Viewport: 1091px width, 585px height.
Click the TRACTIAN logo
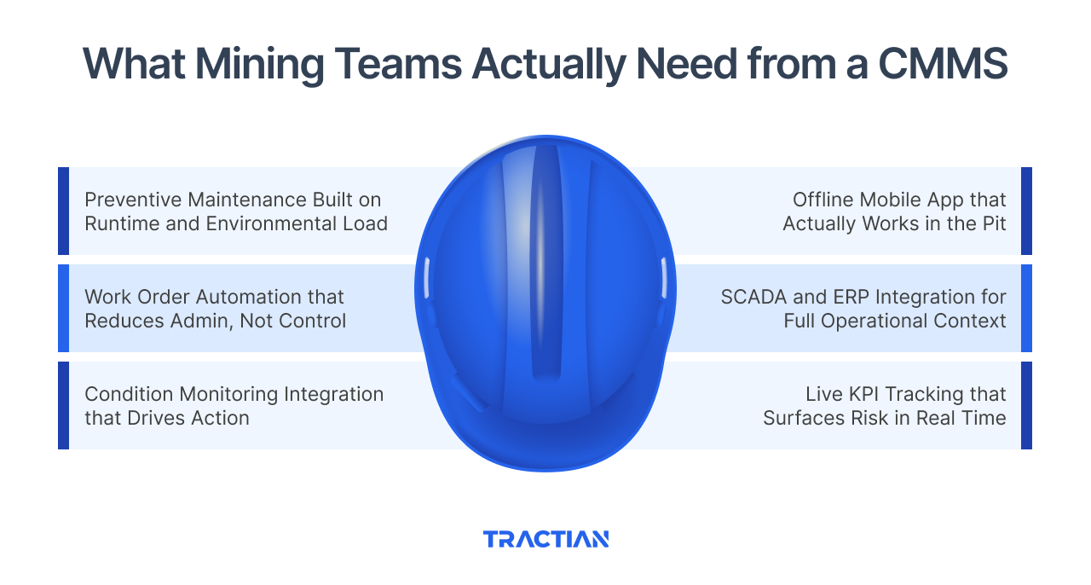click(545, 539)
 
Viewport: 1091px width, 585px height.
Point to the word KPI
click(859, 395)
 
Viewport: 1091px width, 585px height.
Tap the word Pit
click(992, 223)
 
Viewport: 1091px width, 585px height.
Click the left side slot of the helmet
click(427, 279)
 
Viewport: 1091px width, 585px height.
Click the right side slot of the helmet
click(662, 279)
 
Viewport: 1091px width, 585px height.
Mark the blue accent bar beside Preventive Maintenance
click(63, 211)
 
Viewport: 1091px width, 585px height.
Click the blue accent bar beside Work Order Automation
click(63, 308)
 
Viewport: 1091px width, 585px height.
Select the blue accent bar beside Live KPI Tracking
click(1026, 405)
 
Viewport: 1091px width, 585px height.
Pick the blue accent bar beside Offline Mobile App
click(1026, 211)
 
